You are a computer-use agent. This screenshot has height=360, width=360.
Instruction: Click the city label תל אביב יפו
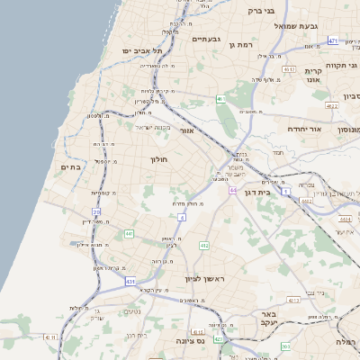pos(137,51)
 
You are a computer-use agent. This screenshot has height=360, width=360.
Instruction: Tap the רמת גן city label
pos(244,44)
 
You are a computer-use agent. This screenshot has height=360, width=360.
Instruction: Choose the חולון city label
pos(159,159)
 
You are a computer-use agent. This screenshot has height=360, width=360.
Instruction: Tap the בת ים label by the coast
pos(71,166)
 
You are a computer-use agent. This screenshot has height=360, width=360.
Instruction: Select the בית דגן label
pos(257,192)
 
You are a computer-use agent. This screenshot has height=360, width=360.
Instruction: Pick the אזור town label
pos(187,131)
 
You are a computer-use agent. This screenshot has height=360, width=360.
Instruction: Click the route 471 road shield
pos(333,40)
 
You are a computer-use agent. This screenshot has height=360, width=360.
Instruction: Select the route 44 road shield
pos(233,191)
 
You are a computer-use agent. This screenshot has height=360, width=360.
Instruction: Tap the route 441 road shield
pos(129,234)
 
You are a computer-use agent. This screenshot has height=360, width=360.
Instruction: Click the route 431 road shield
pos(130,282)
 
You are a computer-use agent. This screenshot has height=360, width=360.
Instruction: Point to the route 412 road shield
pos(203,245)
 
